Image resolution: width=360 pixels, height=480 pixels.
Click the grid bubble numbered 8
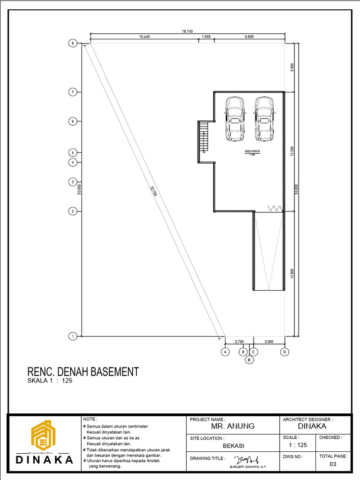click(x=73, y=44)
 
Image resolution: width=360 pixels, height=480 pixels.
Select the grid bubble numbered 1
click(x=73, y=336)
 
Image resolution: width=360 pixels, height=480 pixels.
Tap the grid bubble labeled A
click(x=225, y=352)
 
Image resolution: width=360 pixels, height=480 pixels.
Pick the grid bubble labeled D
click(x=285, y=352)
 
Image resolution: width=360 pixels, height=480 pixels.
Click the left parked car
click(x=234, y=119)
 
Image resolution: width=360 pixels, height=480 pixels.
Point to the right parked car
click(x=264, y=119)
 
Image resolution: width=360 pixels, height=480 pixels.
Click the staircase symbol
click(x=203, y=136)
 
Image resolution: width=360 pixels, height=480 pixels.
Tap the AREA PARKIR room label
click(x=252, y=151)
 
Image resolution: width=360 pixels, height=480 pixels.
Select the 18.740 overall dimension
click(x=187, y=31)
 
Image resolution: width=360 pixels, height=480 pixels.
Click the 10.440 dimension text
click(x=144, y=37)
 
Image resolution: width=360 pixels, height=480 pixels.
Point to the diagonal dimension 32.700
click(x=153, y=192)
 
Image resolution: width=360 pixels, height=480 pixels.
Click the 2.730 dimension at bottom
click(x=239, y=341)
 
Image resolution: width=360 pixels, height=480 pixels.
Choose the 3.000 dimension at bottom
click(x=269, y=341)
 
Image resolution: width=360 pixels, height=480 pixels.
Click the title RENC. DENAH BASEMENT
click(x=83, y=372)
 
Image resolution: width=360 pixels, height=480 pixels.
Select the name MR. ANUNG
click(x=232, y=426)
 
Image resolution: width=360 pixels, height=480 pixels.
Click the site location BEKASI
click(x=232, y=446)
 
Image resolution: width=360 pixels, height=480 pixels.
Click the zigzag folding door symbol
click(x=275, y=208)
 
